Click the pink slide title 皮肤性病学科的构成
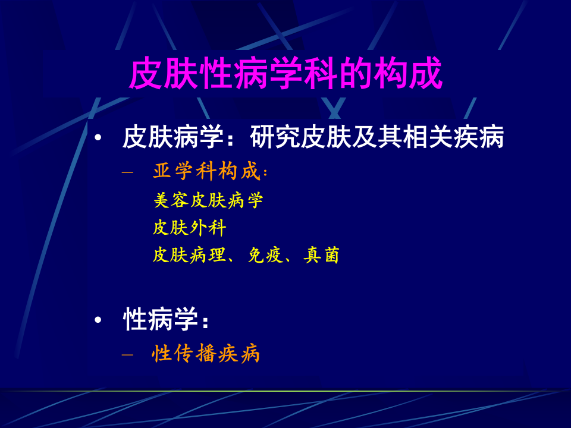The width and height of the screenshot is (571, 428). (285, 74)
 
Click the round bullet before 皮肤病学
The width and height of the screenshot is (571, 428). (99, 139)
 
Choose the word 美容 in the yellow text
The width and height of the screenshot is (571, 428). (171, 200)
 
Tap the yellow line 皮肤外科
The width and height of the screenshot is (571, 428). (190, 228)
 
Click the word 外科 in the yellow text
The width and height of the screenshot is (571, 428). (208, 228)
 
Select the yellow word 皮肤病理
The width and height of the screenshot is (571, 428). (190, 255)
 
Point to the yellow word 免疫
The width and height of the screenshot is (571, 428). (266, 255)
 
